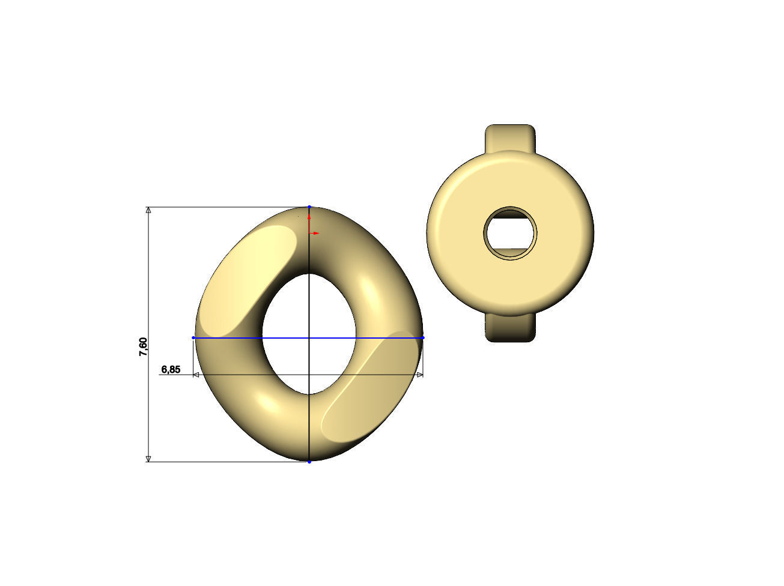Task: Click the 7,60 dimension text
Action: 143,347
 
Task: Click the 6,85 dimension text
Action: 171,369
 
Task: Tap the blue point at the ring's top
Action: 309,207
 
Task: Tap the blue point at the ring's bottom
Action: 309,462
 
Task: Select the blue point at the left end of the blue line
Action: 193,338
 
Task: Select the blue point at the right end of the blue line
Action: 423,338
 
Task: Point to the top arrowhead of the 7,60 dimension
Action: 148,211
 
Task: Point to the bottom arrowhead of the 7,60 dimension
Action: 148,459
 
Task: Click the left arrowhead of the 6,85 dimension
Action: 196,375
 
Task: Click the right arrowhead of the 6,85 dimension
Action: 419,375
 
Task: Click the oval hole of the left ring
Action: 309,333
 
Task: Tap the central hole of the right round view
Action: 510,234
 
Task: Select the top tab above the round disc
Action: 510,137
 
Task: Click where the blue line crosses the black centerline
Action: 309,338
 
